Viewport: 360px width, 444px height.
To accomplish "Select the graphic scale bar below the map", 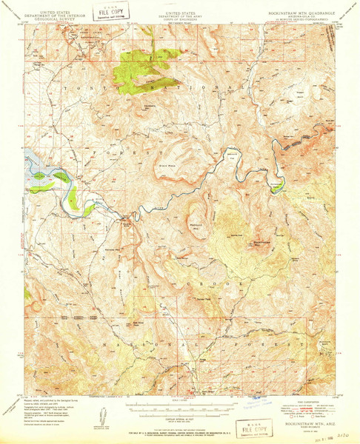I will pyautogui.click(x=180, y=404).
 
